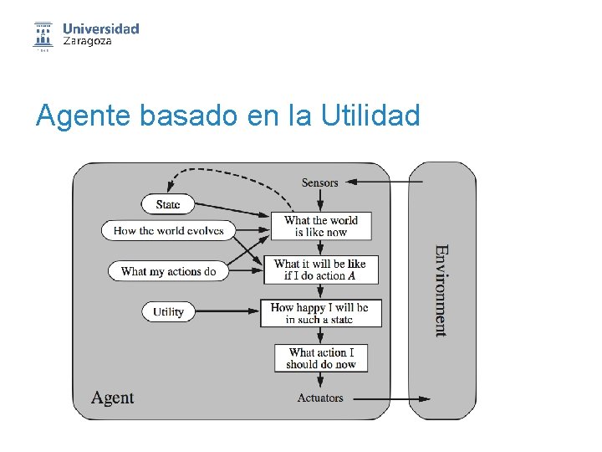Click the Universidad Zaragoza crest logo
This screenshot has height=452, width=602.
click(43, 34)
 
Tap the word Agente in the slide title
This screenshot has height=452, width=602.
click(84, 116)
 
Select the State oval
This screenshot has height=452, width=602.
click(168, 204)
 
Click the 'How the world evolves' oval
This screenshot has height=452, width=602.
click(168, 230)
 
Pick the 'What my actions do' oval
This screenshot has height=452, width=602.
click(168, 271)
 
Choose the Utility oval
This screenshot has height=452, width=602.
click(168, 311)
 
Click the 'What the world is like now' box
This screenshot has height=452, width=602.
click(320, 226)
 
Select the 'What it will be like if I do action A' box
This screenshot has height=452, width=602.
click(320, 270)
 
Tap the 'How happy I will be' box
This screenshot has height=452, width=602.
click(320, 313)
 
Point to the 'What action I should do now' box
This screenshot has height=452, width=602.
click(320, 358)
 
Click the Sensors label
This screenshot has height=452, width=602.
click(320, 182)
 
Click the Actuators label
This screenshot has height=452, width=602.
click(320, 398)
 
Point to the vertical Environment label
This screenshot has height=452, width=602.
click(441, 290)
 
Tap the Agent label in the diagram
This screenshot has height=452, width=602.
click(112, 398)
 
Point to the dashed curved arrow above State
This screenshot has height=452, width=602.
click(226, 172)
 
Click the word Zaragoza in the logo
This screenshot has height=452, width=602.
click(87, 41)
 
